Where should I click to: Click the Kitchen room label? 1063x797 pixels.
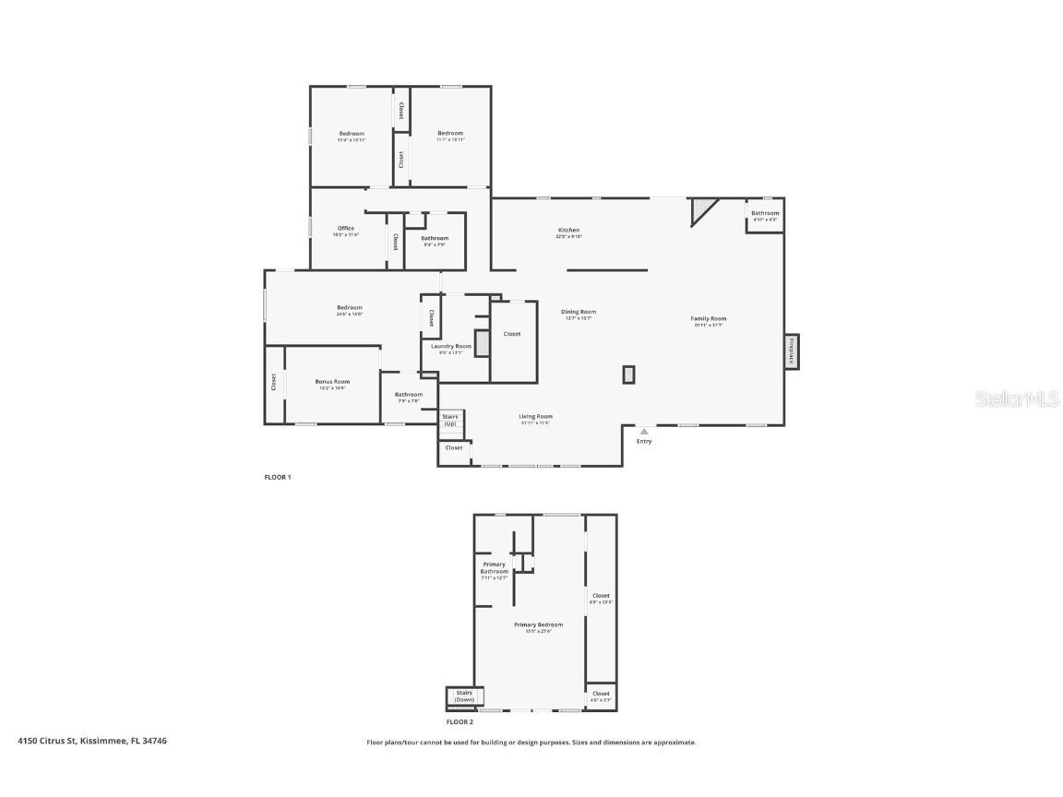[x=568, y=230]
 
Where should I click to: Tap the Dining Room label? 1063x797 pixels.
[x=579, y=312]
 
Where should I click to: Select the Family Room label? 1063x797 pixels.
[x=709, y=319]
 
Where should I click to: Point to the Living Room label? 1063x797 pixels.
[x=535, y=417]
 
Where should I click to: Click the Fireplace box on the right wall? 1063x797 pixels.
[x=792, y=351]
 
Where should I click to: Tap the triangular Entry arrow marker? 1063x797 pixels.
[x=644, y=431]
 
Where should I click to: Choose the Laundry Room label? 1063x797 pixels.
[x=451, y=347]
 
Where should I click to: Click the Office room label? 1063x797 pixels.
[x=346, y=229]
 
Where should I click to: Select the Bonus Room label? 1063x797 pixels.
[x=332, y=382]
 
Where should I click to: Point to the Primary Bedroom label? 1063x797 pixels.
[x=538, y=625]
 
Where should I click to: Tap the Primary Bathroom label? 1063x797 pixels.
[x=494, y=568]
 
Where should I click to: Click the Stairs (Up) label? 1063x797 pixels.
[x=450, y=420]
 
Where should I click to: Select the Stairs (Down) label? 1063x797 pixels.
[x=464, y=696]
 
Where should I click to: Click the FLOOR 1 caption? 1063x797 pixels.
[x=278, y=477]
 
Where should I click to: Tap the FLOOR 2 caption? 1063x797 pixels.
[x=460, y=722]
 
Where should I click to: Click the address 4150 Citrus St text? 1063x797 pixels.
[x=92, y=741]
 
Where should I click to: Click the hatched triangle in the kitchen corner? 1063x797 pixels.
[x=703, y=209]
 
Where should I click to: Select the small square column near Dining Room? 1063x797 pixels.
[x=628, y=374]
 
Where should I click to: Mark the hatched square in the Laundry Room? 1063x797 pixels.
[x=481, y=342]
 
